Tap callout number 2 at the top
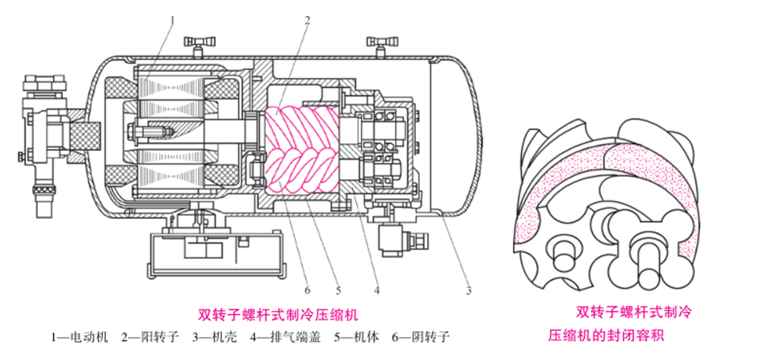click(308, 20)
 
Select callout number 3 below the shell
click(469, 289)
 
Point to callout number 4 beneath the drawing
click(377, 289)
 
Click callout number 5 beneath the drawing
click(338, 289)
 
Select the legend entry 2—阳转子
click(152, 335)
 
